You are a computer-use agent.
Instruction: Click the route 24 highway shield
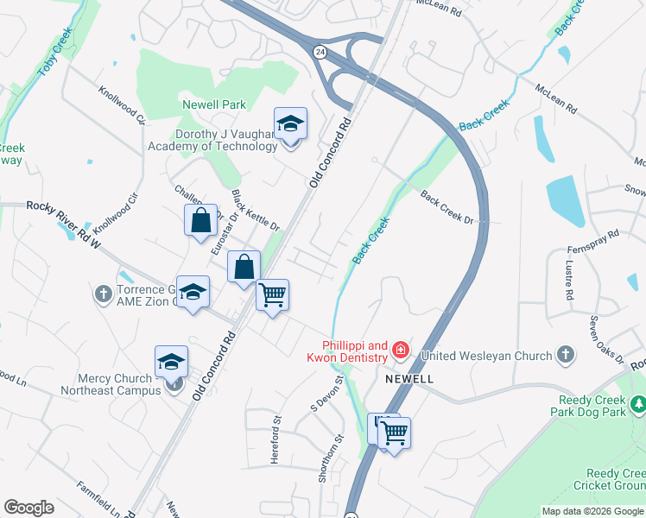pos(320,53)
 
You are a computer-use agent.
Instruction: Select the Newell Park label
pos(214,104)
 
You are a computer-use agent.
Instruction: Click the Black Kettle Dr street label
pos(256,211)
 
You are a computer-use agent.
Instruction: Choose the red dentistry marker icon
pos(400,351)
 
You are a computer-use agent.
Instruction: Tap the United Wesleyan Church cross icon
pos(565,355)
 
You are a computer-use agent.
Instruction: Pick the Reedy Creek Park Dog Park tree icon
pos(638,402)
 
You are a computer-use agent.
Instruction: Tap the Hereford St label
pos(276,439)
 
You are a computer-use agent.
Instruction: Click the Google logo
pos(28,508)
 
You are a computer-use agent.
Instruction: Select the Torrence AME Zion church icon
pos(103,294)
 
